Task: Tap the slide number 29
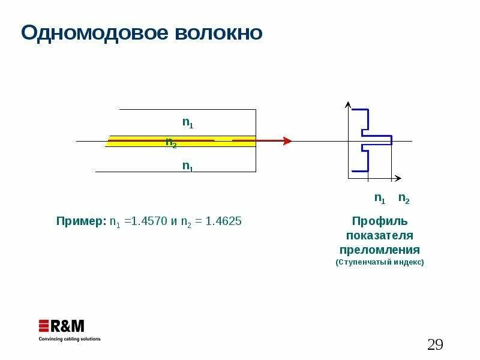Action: (435, 344)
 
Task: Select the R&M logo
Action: (62, 326)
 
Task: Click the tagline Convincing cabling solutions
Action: (70, 339)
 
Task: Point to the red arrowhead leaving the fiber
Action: (287, 141)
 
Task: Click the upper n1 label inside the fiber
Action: (188, 122)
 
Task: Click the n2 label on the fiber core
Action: (171, 143)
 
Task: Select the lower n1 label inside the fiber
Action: (188, 166)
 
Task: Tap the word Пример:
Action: (81, 221)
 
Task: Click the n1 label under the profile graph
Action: (380, 197)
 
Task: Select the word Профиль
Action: (380, 221)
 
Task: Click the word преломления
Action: (380, 249)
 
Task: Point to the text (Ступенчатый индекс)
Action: (380, 263)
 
